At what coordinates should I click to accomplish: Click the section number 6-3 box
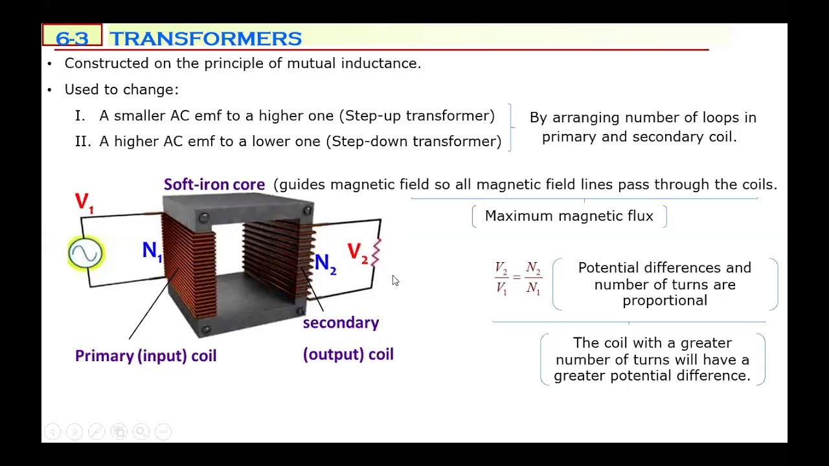click(72, 38)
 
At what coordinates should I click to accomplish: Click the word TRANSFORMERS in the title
click(205, 39)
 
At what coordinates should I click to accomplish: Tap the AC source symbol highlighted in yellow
click(85, 253)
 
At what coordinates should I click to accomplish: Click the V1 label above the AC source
click(84, 203)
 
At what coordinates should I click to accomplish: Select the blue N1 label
click(152, 251)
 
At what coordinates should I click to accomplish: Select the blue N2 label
click(325, 263)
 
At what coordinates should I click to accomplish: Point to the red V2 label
click(357, 253)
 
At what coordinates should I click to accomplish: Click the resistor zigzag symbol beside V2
click(376, 252)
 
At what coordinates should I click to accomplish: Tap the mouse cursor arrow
click(395, 280)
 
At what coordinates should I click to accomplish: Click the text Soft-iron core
click(214, 184)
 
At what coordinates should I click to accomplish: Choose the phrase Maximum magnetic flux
click(569, 216)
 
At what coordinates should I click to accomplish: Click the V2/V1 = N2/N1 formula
click(517, 278)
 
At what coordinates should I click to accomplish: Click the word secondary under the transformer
click(341, 322)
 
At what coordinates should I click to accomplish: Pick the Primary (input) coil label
click(146, 355)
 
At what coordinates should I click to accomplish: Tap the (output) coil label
click(348, 354)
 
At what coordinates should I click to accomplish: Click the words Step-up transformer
click(419, 116)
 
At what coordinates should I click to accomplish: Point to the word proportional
click(664, 300)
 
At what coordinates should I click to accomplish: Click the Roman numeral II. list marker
click(82, 142)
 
